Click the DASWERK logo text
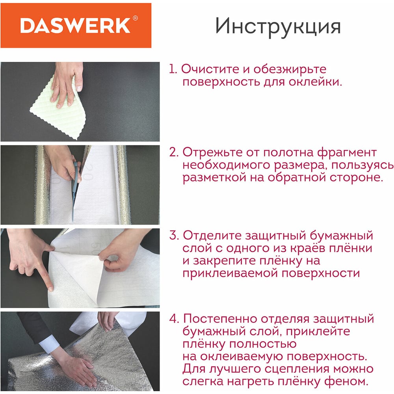coord(75,25)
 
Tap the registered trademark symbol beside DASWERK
coord(135,18)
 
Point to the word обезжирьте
coord(290,69)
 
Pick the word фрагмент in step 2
coord(347,152)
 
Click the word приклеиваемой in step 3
coord(230,273)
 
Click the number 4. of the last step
coord(174,319)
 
